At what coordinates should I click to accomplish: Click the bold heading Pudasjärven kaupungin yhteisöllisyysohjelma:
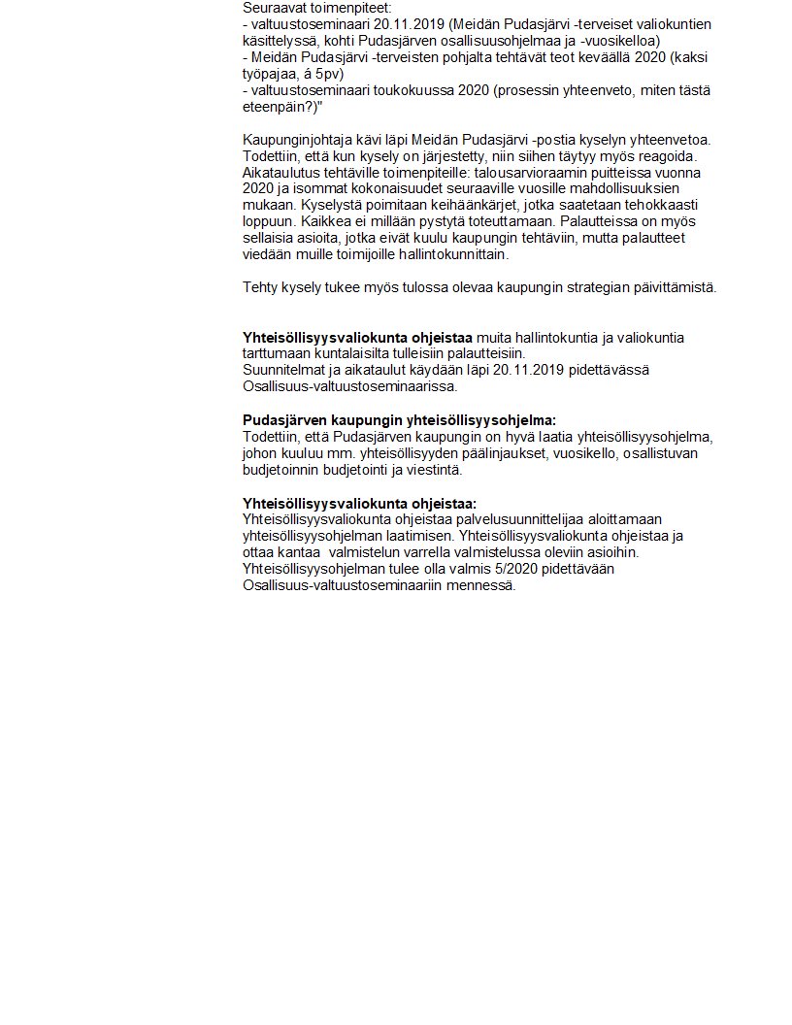pyautogui.click(x=399, y=420)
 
